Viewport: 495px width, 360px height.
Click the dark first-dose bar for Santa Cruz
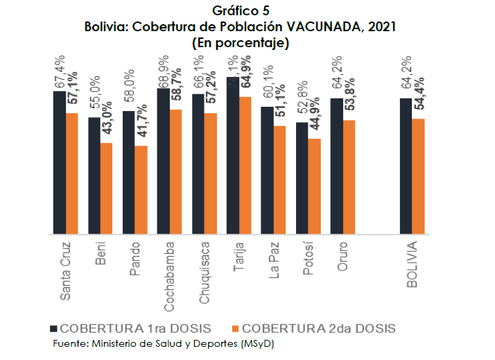59,163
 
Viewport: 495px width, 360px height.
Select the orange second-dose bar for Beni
106,189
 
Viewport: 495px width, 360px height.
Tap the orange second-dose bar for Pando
141,190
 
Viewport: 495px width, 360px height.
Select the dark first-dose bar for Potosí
302,178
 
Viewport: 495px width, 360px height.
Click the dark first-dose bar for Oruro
336,166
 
